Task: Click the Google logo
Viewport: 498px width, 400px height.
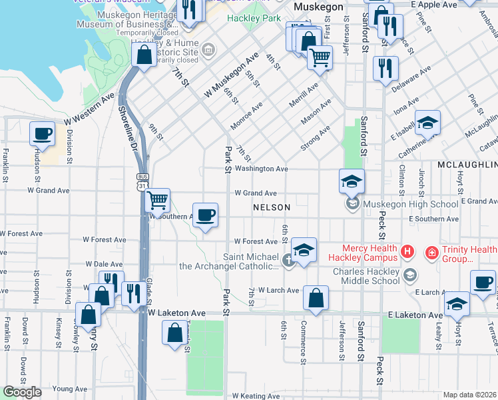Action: click(x=22, y=392)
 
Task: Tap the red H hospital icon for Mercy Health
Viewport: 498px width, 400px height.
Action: click(x=408, y=253)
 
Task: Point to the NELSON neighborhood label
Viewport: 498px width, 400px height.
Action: click(x=272, y=207)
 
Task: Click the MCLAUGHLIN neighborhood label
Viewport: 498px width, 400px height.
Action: click(x=467, y=164)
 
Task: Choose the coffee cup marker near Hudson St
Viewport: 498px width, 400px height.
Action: click(x=43, y=133)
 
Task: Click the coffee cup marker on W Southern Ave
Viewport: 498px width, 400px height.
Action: click(x=206, y=215)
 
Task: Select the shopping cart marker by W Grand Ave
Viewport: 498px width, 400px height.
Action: click(x=157, y=199)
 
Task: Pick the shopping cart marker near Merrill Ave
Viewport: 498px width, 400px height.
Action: click(x=320, y=58)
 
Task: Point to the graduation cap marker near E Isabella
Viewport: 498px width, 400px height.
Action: click(x=427, y=122)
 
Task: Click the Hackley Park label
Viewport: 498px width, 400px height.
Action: click(x=254, y=18)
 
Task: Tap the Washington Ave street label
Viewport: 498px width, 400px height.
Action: click(x=261, y=169)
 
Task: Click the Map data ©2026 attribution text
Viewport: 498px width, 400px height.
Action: click(x=470, y=395)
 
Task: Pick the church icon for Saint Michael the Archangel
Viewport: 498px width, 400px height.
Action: click(x=288, y=260)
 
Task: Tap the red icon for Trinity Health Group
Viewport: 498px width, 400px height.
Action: click(x=431, y=253)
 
